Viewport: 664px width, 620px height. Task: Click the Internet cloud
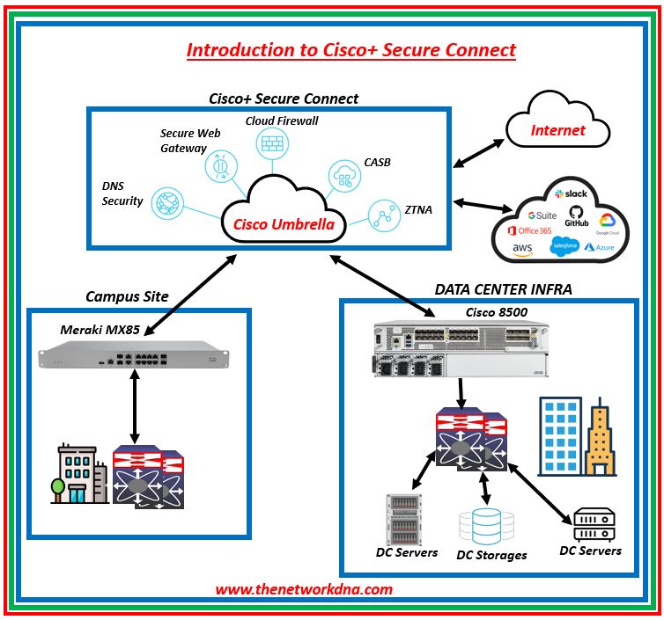point(557,130)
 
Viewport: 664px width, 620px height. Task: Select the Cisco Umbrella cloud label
point(284,225)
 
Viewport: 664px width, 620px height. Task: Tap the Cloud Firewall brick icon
point(269,143)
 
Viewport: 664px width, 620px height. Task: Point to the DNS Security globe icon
point(165,201)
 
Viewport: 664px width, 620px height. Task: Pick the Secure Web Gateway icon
point(218,165)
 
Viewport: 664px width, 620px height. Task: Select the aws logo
point(522,250)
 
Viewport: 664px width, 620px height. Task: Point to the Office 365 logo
point(529,230)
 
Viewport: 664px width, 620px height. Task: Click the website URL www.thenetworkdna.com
point(304,589)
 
